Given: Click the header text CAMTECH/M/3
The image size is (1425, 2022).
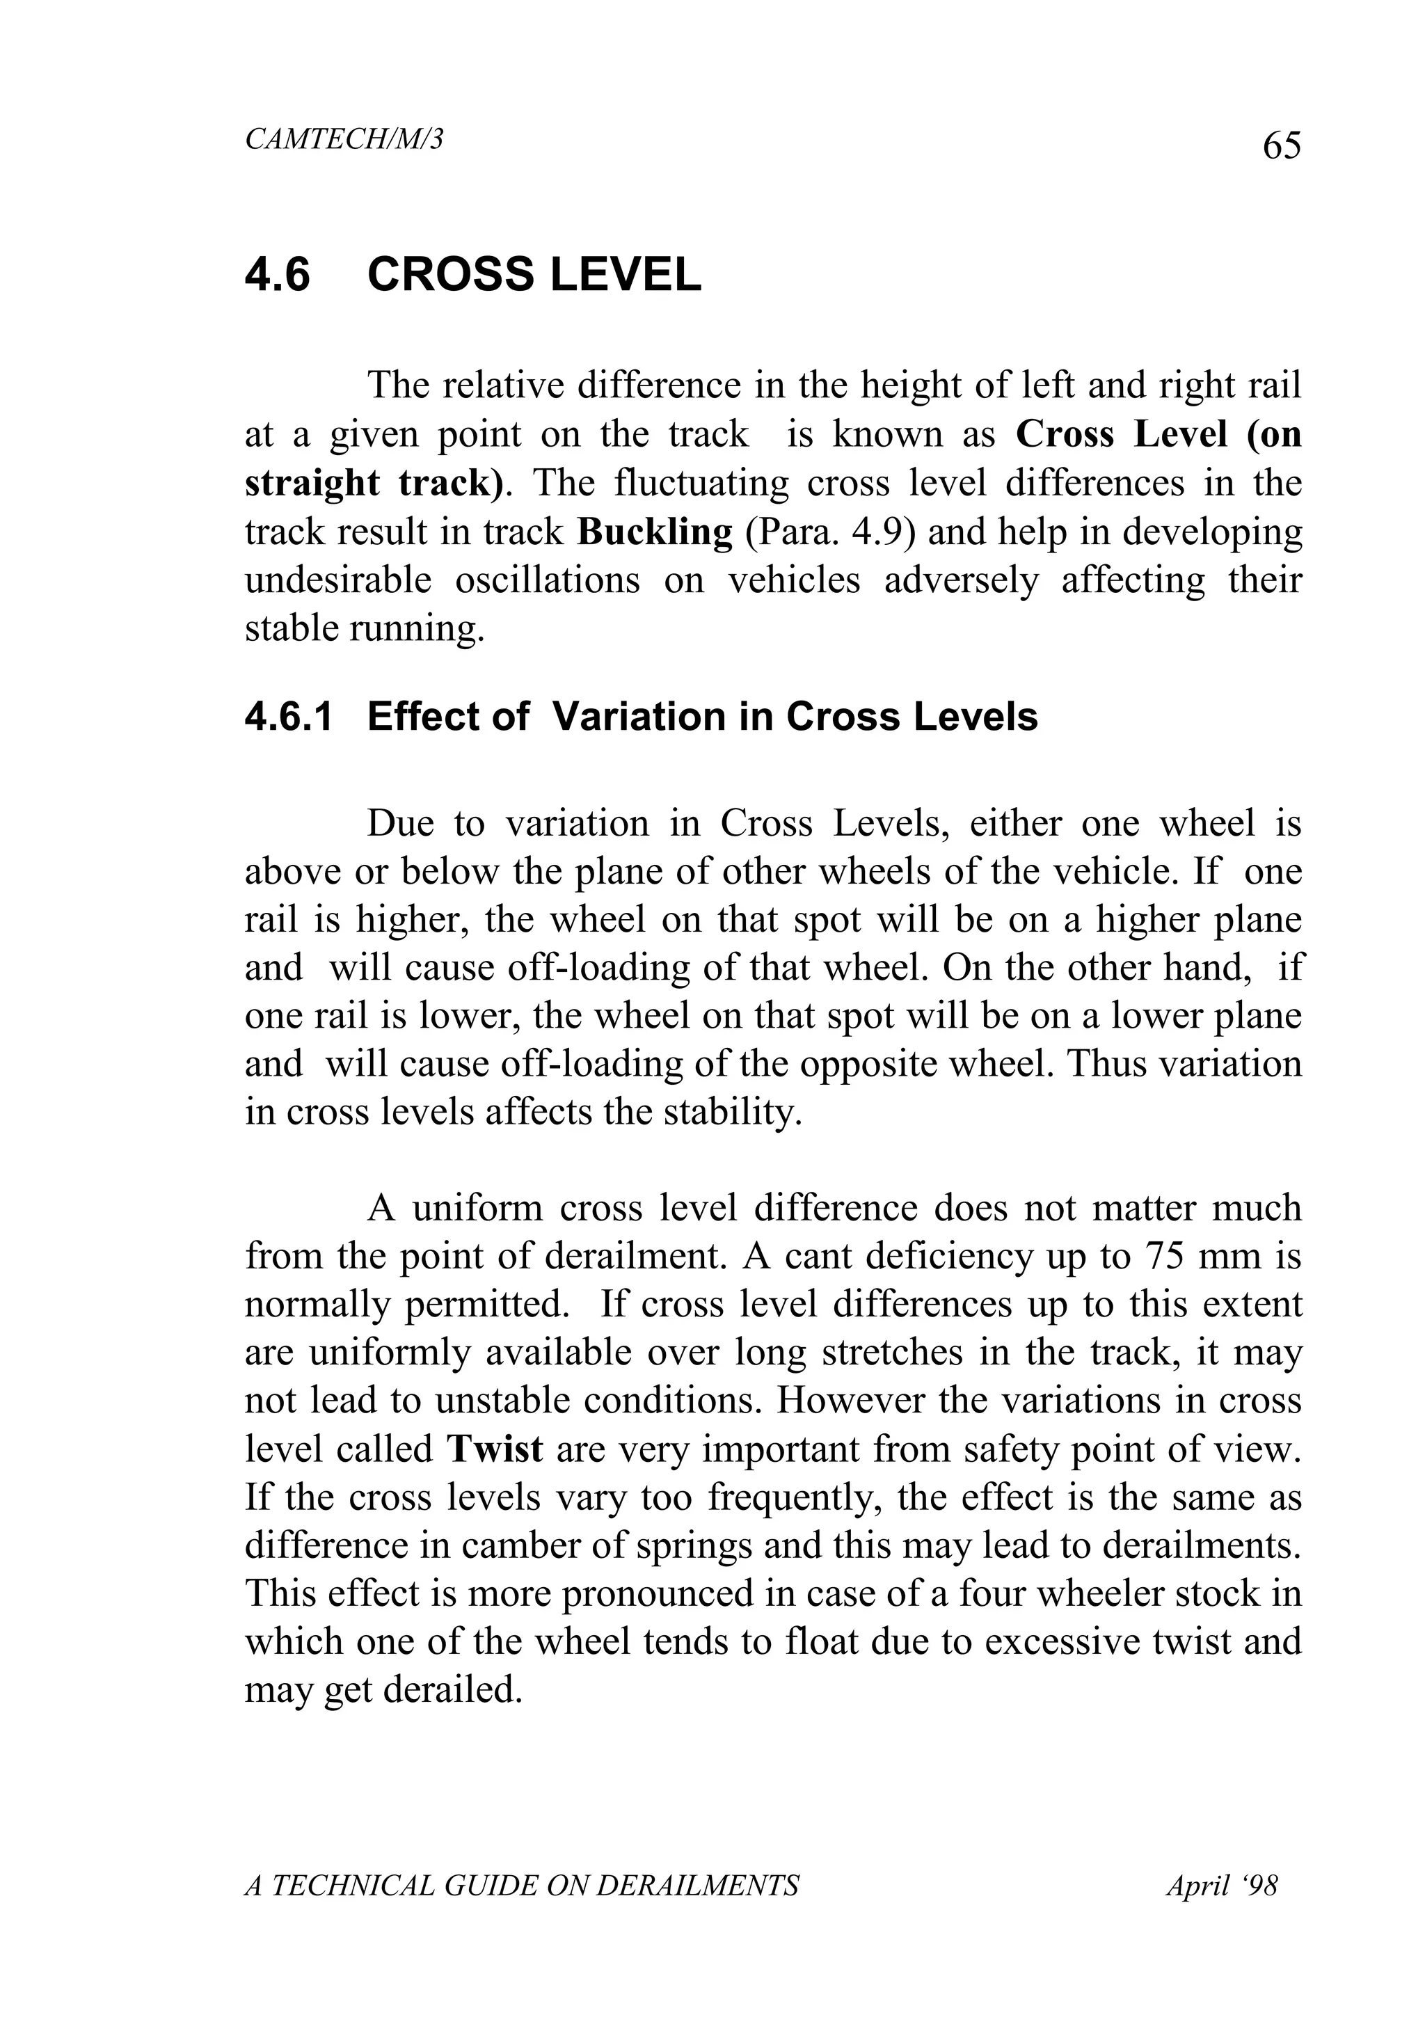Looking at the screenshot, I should (344, 139).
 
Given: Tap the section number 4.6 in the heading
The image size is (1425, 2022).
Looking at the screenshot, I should (278, 275).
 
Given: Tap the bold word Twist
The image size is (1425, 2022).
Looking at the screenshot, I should (494, 1449).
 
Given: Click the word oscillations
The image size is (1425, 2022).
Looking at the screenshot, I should (547, 581).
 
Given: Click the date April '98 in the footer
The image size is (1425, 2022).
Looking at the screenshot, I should (1222, 1886).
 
